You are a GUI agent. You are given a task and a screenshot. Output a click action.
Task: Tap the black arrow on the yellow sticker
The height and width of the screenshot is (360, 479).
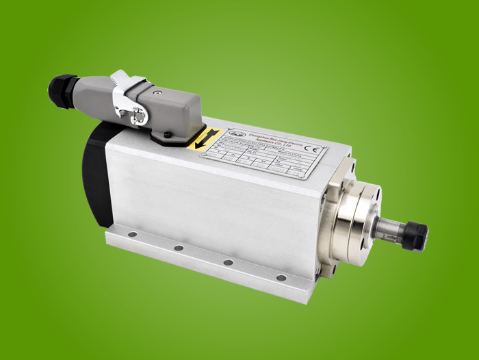click(203, 140)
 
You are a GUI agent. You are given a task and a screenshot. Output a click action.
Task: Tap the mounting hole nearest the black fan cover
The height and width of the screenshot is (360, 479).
click(132, 235)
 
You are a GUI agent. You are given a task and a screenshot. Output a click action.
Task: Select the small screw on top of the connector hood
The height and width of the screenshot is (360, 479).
click(157, 89)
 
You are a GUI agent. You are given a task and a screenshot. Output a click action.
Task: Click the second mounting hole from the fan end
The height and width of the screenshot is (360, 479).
click(179, 248)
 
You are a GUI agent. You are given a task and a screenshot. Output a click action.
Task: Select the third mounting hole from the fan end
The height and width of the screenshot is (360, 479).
click(228, 262)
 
